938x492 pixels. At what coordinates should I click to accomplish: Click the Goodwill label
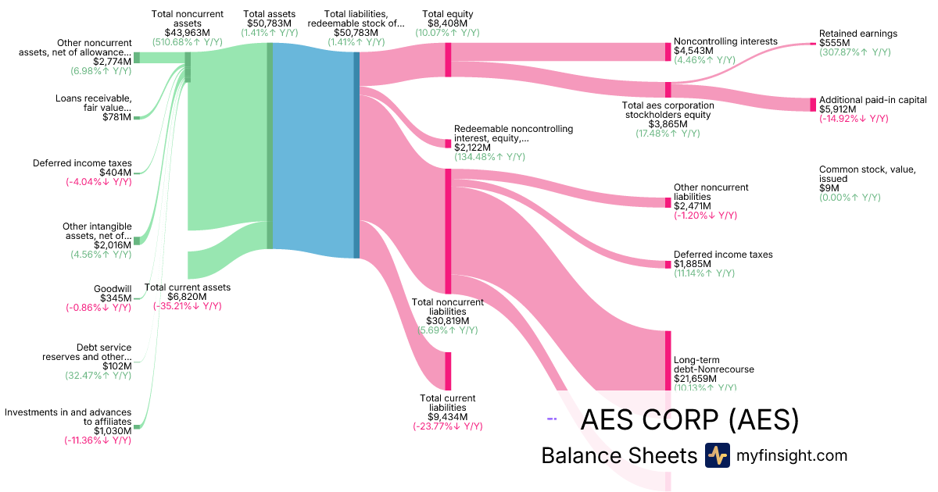(x=113, y=288)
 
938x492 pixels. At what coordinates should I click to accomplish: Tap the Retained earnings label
(x=857, y=34)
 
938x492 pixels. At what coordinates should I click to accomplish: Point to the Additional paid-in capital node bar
(x=813, y=105)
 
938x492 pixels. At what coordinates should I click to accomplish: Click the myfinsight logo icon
(x=717, y=455)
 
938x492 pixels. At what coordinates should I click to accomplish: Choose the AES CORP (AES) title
(x=689, y=420)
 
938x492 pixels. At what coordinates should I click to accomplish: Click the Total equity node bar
(x=448, y=59)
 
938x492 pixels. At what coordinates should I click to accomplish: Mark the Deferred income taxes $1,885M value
(x=691, y=264)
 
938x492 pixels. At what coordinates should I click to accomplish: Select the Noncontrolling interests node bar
(x=668, y=52)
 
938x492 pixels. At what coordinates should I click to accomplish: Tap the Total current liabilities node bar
(x=448, y=371)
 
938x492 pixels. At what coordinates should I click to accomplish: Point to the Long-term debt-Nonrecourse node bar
(x=668, y=359)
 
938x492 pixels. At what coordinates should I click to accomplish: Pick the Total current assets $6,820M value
(x=188, y=297)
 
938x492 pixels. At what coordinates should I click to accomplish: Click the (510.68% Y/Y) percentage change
(x=188, y=42)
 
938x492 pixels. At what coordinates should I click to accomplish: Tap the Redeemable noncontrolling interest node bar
(x=448, y=144)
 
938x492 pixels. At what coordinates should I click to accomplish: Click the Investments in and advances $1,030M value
(x=113, y=430)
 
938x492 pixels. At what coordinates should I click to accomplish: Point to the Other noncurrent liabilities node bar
(x=668, y=202)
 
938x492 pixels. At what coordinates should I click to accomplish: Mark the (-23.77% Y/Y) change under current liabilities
(x=448, y=426)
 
